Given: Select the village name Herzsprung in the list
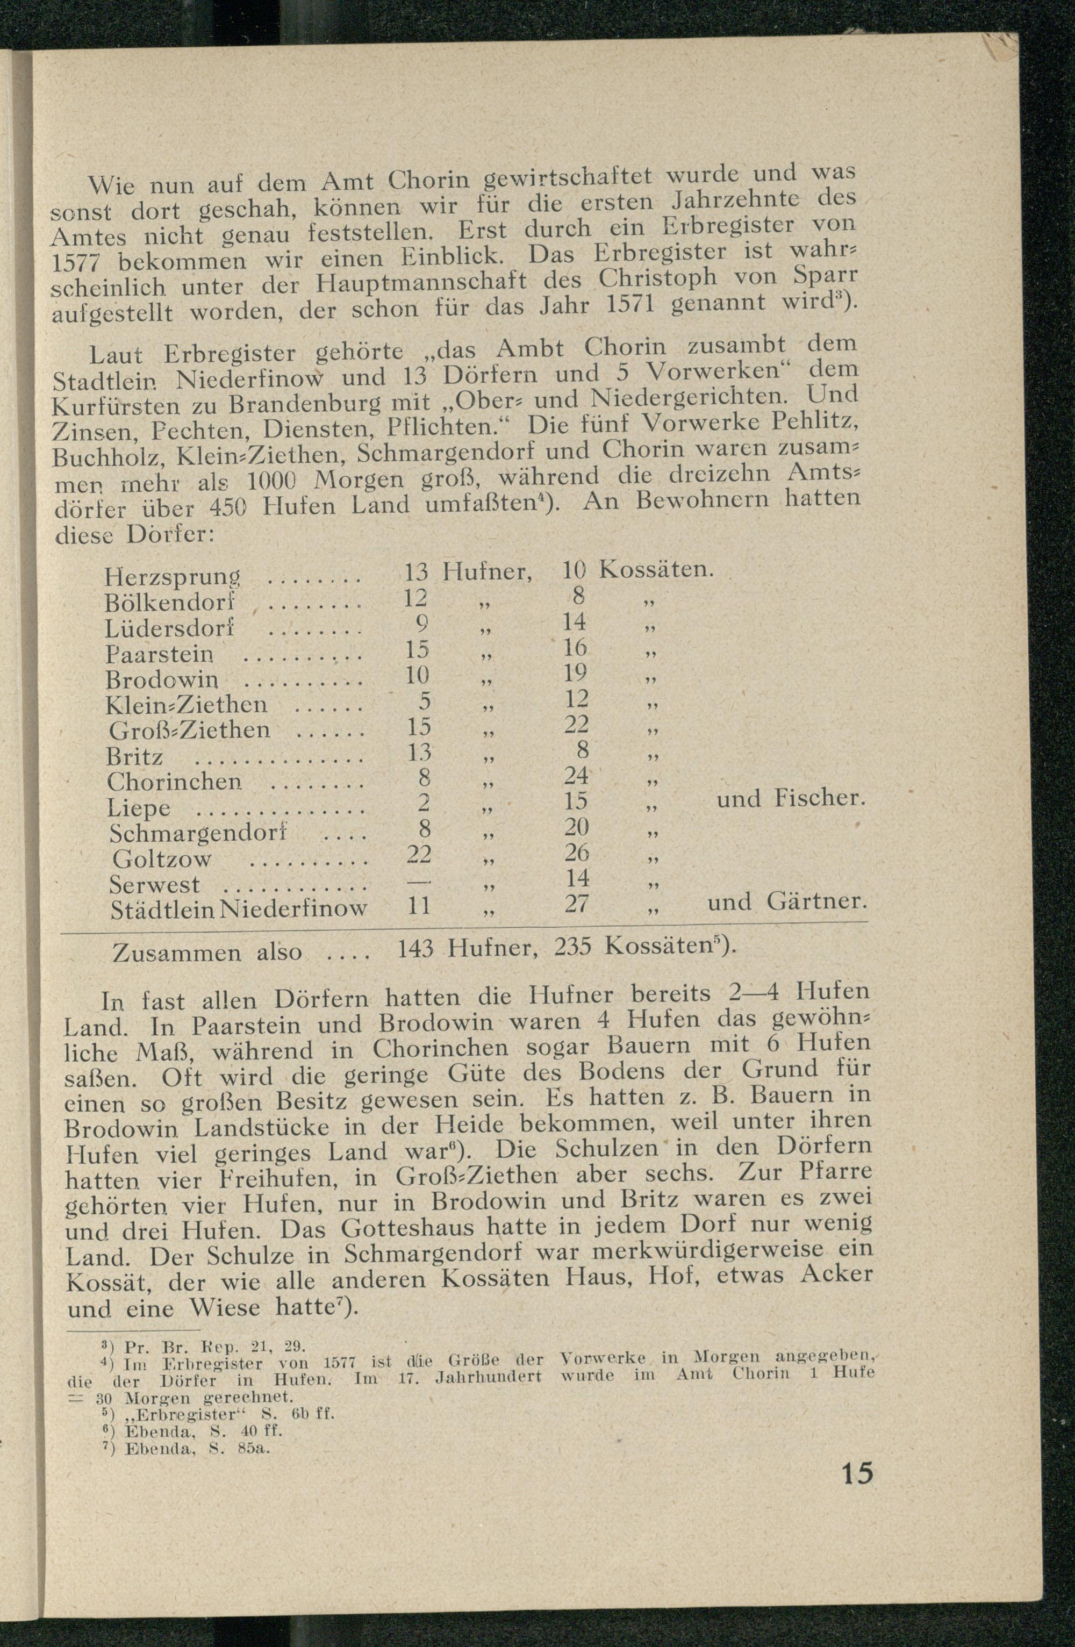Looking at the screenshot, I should [172, 576].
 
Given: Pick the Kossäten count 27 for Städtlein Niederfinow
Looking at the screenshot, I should [576, 904].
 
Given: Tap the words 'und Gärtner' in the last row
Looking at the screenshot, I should [786, 901].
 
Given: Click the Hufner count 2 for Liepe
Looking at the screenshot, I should [424, 803].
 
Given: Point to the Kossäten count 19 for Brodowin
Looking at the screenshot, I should [576, 672].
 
